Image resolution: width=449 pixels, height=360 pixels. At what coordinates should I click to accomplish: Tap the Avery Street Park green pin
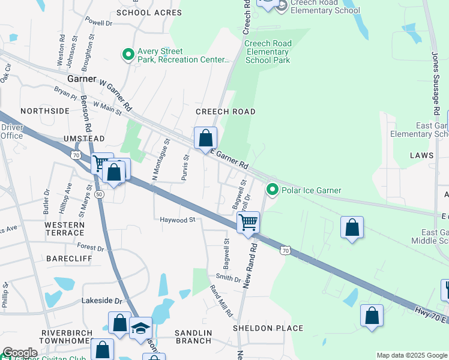[x=128, y=55]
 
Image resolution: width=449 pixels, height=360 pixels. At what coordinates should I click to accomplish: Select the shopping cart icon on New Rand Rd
[x=248, y=223]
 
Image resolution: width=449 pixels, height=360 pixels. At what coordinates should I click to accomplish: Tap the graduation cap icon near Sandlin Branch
[x=140, y=328]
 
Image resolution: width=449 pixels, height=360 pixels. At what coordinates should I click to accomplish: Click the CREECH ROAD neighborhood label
[x=226, y=112]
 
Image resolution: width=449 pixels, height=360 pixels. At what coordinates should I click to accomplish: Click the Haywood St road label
[x=178, y=220]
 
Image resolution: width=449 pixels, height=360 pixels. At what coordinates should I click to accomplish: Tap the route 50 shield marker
[x=98, y=194]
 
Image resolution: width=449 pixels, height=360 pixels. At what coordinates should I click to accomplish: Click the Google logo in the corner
[x=20, y=353]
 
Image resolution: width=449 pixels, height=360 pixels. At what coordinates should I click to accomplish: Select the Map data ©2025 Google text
[x=411, y=355]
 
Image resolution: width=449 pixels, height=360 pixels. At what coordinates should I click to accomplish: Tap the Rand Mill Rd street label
[x=220, y=300]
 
